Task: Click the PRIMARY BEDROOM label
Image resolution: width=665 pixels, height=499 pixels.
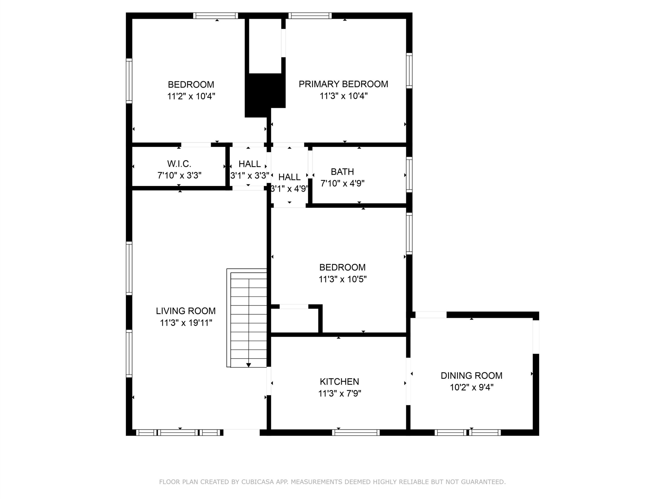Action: point(343,84)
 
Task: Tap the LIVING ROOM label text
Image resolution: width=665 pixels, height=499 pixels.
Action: point(186,311)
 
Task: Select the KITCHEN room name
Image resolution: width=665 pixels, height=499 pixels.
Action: point(340,382)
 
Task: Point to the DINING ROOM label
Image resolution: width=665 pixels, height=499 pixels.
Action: point(471,376)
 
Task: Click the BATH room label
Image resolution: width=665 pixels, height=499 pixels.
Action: point(342,172)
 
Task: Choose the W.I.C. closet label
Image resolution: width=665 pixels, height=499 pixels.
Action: point(179,164)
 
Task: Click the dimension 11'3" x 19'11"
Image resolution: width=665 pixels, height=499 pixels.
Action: point(186,323)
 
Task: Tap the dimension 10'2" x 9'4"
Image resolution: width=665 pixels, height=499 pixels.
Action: point(471,388)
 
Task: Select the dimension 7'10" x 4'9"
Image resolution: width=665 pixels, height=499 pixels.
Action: point(342,183)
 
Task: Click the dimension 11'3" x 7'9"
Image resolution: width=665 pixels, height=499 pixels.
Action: point(340,393)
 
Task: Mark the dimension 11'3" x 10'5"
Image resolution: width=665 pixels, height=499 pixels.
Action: point(342,279)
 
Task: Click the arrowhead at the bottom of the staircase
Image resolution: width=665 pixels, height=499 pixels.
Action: point(249,365)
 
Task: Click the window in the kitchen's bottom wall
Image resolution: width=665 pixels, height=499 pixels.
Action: point(356,432)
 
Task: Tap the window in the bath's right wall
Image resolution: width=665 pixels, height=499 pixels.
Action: point(409,174)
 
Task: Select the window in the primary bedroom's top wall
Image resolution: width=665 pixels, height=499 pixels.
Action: point(310,16)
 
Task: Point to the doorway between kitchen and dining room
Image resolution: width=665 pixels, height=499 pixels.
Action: point(408,381)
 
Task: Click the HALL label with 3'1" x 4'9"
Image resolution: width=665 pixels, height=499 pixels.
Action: point(289,177)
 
